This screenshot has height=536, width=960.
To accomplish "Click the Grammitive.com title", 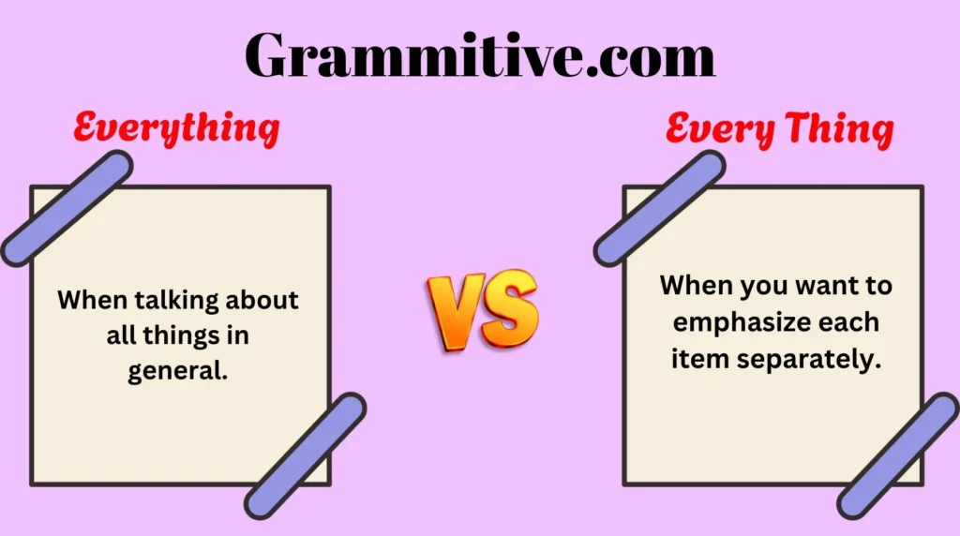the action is click(480, 55).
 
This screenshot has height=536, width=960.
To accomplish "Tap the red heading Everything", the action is click(176, 128).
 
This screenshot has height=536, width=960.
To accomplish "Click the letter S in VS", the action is click(509, 307).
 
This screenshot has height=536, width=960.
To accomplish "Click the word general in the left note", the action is click(175, 371).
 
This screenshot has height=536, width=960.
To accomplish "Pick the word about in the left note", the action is click(262, 300).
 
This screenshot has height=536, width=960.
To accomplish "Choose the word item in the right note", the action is click(699, 359).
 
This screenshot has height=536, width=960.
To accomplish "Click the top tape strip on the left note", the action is click(67, 209).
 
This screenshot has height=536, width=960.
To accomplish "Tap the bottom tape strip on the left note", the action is click(305, 456).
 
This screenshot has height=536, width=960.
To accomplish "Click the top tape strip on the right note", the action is click(659, 209).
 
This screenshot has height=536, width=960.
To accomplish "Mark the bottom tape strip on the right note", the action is click(898, 456).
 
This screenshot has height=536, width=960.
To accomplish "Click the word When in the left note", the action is click(92, 300).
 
